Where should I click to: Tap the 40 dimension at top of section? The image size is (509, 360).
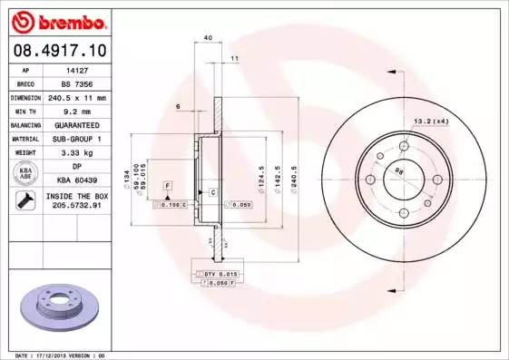click(x=208, y=37)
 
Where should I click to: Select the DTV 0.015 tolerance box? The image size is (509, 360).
click(x=218, y=273)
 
